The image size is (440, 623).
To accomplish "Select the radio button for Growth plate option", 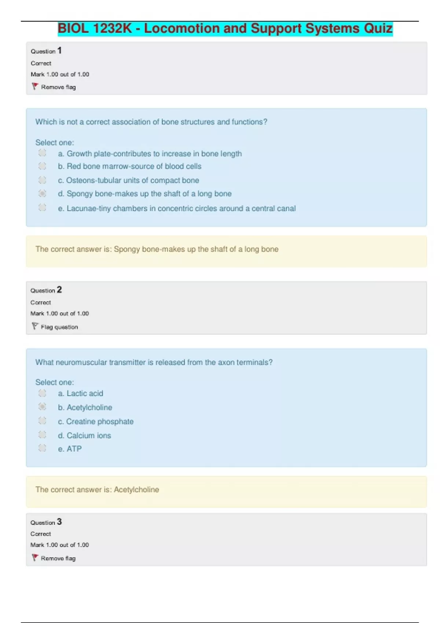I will pos(43,153).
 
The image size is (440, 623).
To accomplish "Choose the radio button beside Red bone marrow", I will pos(43,166).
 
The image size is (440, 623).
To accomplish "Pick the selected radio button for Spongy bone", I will pos(43,193).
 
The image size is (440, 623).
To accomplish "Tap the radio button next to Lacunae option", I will pos(43,207).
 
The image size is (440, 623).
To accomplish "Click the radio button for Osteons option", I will pos(43,180).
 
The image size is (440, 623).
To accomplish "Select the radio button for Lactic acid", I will pos(43,393).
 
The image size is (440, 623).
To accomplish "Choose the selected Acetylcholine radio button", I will pos(43,406).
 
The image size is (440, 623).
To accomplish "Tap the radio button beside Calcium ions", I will pos(43,435).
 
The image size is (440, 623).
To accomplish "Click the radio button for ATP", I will pos(43,448).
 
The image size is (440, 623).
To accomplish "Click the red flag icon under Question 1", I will pos(35,86).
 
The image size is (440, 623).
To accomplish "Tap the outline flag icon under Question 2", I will pos(35,326).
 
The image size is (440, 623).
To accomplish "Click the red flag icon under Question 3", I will pos(35,557).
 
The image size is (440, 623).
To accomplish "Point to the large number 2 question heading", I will pos(59,290).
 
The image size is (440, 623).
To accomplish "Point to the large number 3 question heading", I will pos(59,522).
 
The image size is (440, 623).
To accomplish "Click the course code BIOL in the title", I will pos(73,29).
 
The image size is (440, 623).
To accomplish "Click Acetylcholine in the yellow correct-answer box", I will pos(136,490).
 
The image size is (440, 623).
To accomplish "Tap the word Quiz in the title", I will pos(378,29).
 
